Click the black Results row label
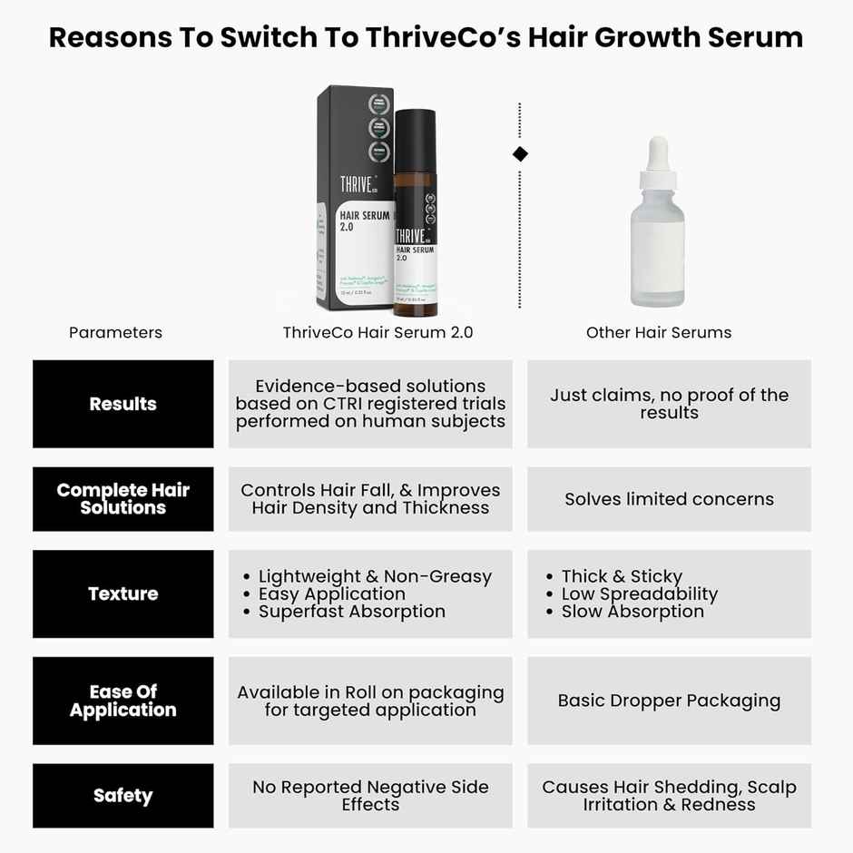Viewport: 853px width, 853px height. click(x=123, y=404)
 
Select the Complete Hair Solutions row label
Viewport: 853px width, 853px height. click(x=123, y=498)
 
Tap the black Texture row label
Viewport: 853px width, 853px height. click(x=123, y=593)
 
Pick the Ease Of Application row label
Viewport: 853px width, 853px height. click(x=123, y=701)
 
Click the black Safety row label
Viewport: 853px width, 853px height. click(x=123, y=796)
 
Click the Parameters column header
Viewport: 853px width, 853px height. click(x=115, y=332)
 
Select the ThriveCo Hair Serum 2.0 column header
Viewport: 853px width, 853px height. click(x=377, y=332)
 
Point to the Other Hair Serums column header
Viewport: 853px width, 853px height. click(x=659, y=332)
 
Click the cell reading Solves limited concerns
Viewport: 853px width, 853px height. click(x=669, y=499)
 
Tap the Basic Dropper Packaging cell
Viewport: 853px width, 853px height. click(x=669, y=701)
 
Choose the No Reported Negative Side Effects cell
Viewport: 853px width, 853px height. click(x=370, y=796)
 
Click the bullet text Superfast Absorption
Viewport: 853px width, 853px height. click(x=351, y=612)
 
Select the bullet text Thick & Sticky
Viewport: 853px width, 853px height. click(x=622, y=576)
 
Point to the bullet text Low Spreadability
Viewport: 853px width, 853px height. click(x=639, y=594)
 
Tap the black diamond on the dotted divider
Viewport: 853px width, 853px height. click(x=520, y=154)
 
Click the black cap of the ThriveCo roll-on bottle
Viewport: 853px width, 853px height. click(x=416, y=136)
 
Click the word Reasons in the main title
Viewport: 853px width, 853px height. click(x=111, y=37)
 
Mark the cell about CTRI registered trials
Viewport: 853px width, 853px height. click(x=370, y=404)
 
